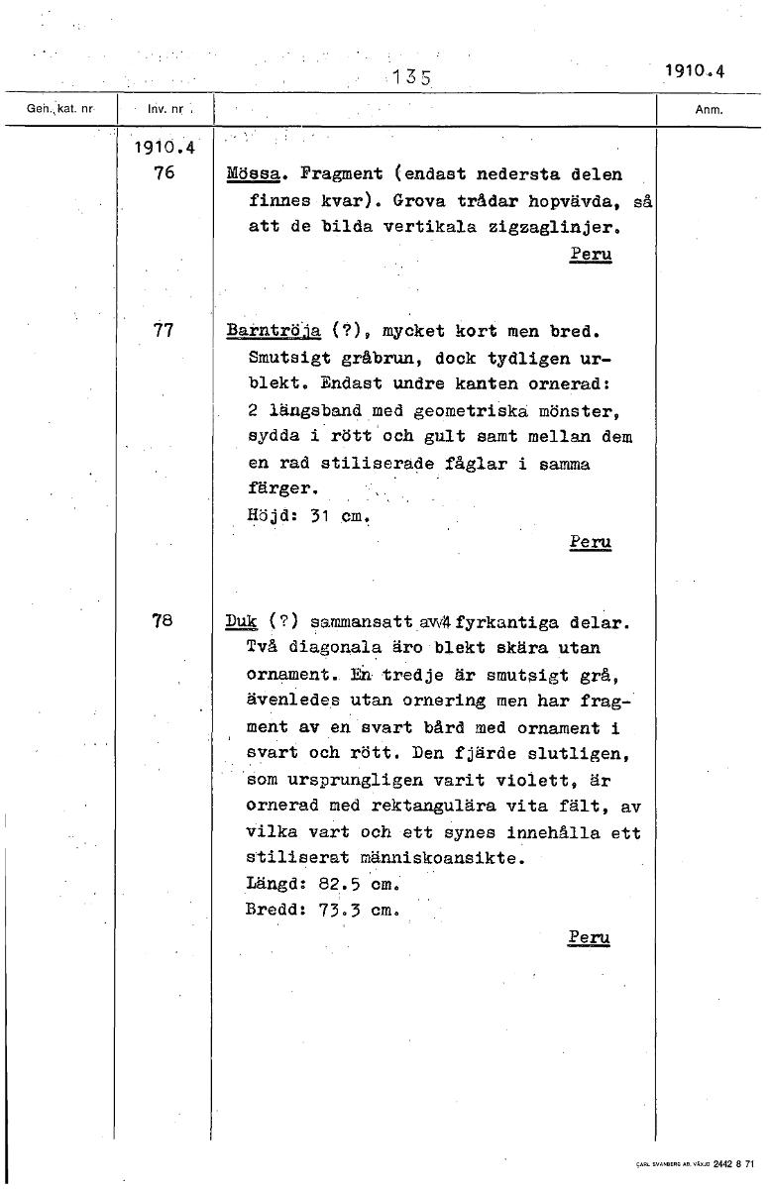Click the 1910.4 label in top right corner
point(696,70)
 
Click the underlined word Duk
point(241,622)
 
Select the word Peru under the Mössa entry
point(591,255)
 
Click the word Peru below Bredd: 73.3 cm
point(590,937)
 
